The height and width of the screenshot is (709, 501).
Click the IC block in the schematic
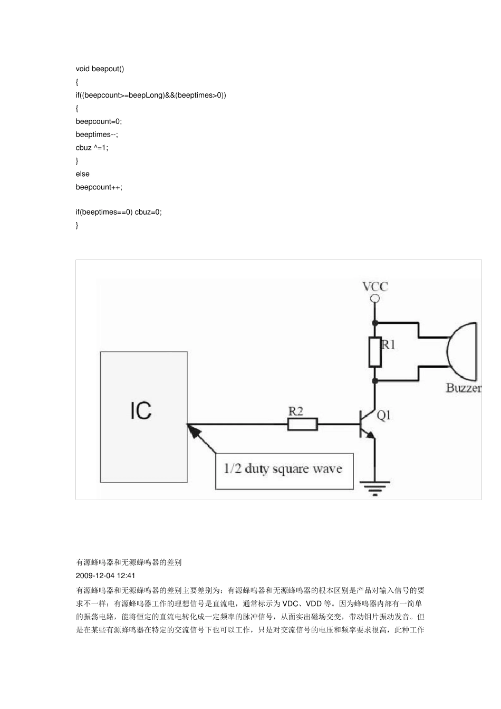[143, 417]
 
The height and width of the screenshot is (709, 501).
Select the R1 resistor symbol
[375, 352]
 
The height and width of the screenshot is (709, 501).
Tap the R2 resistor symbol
[303, 424]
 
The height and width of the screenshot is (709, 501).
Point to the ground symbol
[375, 488]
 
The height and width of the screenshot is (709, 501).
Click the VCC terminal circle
[375, 299]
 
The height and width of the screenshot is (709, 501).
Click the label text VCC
[375, 286]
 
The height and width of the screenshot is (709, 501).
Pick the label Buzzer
[464, 388]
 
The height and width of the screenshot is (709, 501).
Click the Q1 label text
[384, 415]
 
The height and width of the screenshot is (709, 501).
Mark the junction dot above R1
[375, 322]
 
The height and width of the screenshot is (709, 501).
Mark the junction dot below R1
[375, 380]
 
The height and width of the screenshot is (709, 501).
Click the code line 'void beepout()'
[100, 69]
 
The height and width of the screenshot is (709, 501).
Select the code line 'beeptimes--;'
[97, 135]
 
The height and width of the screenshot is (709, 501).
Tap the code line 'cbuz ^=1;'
[92, 148]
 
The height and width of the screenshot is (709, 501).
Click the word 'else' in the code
[83, 174]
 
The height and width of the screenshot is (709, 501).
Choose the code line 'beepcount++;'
[99, 187]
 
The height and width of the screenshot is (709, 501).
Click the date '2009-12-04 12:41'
[105, 576]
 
